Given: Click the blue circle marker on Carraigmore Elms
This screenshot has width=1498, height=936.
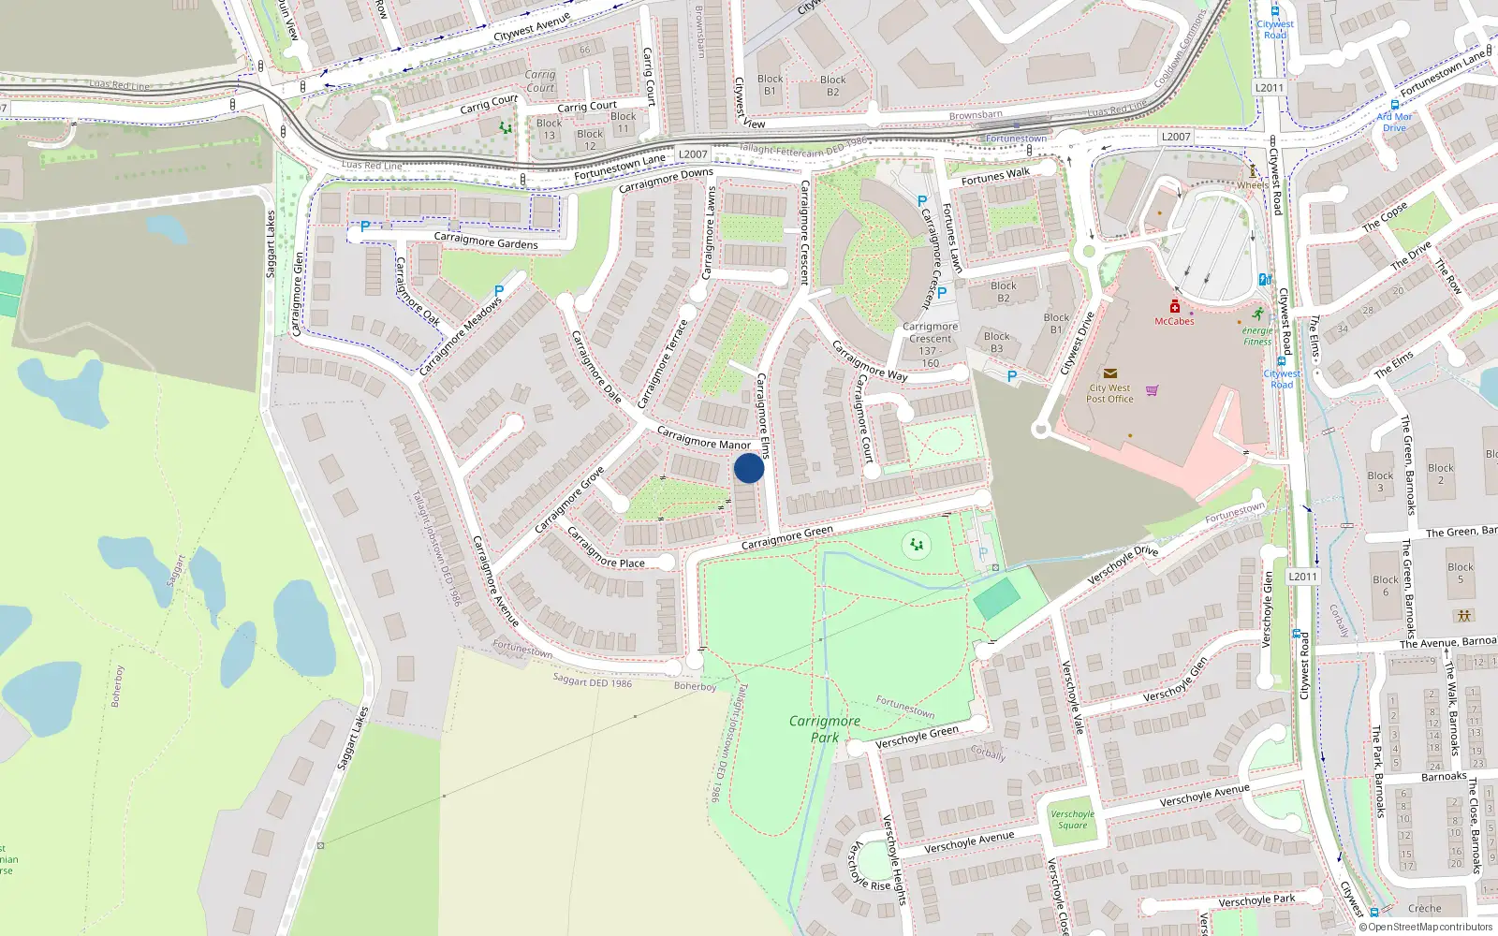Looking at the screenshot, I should (749, 468).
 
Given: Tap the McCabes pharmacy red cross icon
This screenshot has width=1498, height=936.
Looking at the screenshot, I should (1174, 306).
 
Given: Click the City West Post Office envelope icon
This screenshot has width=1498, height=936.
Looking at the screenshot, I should (1110, 373).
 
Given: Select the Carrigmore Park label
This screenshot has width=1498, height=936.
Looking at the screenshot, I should (824, 729).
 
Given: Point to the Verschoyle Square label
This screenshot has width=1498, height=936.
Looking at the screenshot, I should (1072, 820).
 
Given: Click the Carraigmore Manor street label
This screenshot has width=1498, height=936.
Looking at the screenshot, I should (703, 437).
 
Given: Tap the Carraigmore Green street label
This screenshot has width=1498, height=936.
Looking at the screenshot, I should (786, 537).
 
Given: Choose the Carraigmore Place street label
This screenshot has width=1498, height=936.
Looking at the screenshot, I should (605, 548).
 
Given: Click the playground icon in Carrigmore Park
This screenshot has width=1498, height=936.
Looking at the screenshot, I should (917, 544).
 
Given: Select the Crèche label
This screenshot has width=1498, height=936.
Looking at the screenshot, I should (1424, 908).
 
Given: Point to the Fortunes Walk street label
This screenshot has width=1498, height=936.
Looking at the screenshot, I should (995, 176).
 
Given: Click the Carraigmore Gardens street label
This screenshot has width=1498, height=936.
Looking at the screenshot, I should (486, 241).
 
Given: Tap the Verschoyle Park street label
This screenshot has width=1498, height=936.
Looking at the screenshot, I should (1256, 900).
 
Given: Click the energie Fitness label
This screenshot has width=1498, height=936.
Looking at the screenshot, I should (1257, 336).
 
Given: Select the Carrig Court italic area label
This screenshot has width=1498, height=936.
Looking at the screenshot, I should (540, 81).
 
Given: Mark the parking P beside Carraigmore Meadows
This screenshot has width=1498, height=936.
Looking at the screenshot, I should (499, 292).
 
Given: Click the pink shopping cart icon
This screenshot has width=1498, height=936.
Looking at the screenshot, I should (1153, 390).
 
